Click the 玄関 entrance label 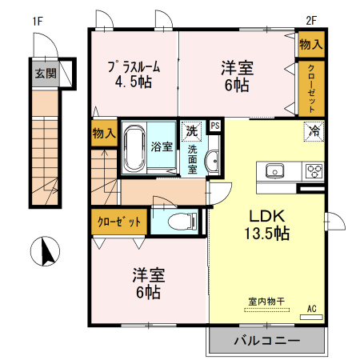46,73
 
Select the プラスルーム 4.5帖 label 134,75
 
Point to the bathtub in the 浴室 136,146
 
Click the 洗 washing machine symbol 192,130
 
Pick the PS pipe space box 214,126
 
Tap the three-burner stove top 313,170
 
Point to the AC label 312,309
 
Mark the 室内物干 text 266,302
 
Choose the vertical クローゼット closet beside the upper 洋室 310,89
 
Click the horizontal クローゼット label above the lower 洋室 119,222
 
